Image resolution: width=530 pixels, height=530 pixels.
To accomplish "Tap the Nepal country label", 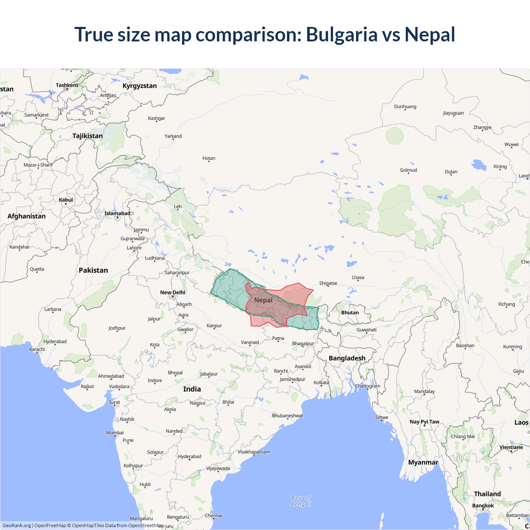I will [263, 300].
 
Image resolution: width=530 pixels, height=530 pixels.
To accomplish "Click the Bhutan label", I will [350, 313].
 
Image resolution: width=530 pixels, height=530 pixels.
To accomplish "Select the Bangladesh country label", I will [347, 358].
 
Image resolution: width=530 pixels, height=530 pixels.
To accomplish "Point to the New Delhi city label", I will [173, 292].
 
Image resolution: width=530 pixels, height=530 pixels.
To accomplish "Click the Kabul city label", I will [66, 200].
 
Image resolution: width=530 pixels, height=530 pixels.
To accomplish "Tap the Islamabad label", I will [117, 213].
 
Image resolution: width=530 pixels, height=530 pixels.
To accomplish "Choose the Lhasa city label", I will [358, 277].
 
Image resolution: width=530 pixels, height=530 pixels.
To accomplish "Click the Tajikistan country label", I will [87, 136].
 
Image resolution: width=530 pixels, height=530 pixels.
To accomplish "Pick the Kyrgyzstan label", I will [140, 86].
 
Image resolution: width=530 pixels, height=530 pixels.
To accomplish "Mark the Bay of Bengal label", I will [301, 501].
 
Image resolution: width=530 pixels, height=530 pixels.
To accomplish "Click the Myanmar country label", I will [423, 463].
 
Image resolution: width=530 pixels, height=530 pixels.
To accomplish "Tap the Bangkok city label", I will [483, 506].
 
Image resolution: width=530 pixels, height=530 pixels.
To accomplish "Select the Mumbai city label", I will [115, 433].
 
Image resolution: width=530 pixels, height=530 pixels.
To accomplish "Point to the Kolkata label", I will [321, 383].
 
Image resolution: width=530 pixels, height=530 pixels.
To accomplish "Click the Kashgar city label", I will [157, 118].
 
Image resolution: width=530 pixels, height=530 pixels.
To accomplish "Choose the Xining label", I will [500, 166].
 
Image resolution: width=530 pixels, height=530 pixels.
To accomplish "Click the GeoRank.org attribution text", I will [17, 525].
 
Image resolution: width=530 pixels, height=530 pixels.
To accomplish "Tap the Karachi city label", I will [37, 349].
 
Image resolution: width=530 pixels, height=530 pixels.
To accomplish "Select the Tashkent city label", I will [67, 85].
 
